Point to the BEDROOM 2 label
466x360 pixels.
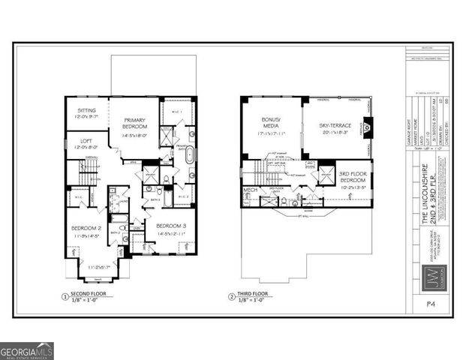86,231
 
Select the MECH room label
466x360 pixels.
251,190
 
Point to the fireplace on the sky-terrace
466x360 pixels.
367,127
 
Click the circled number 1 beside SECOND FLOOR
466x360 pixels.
65,298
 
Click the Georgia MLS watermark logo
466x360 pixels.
27,351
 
